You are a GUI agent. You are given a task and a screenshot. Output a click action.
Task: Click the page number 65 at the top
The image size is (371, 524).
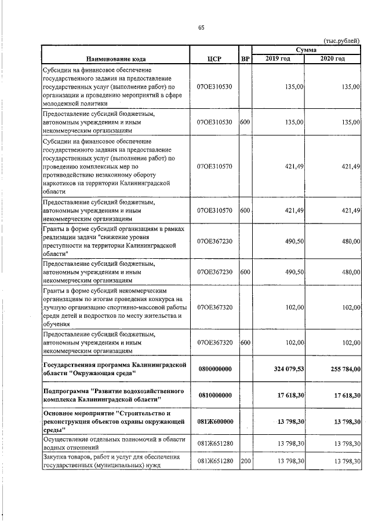click(201, 27)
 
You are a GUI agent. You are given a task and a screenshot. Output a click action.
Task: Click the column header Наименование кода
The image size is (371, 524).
click(116, 58)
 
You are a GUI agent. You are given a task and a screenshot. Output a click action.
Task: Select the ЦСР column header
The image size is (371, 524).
click(214, 58)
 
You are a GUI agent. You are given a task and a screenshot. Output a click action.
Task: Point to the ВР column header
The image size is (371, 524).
click(245, 58)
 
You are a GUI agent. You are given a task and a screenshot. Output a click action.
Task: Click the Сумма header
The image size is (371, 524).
click(305, 50)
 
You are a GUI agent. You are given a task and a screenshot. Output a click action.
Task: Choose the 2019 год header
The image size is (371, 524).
click(279, 58)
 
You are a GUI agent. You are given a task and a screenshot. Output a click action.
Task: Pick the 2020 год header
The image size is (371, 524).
click(333, 58)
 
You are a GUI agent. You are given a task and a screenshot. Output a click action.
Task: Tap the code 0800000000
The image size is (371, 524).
click(214, 368)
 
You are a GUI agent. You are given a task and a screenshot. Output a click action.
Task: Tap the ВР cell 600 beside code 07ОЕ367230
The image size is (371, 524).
click(245, 272)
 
